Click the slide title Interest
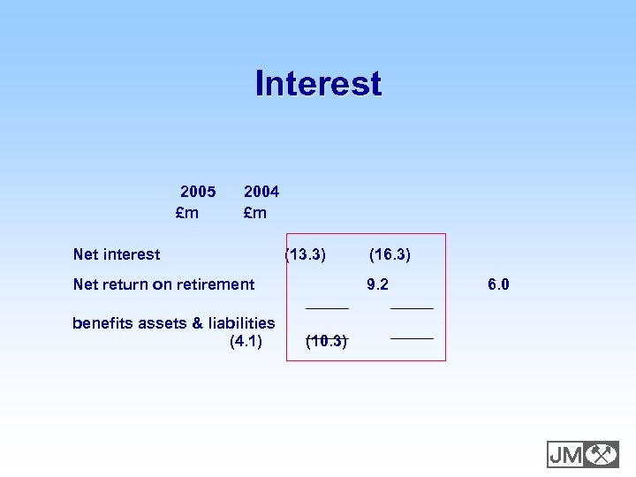[318, 84]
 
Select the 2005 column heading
[198, 191]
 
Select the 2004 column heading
[261, 191]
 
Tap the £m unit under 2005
[187, 213]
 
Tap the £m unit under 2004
[255, 213]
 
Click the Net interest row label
[117, 254]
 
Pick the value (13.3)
[306, 254]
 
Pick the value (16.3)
[390, 254]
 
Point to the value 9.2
[378, 284]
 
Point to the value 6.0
[498, 284]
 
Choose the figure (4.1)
[246, 341]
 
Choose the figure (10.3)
[326, 341]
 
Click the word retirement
[216, 284]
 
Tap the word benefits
[101, 323]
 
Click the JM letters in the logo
[565, 454]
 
